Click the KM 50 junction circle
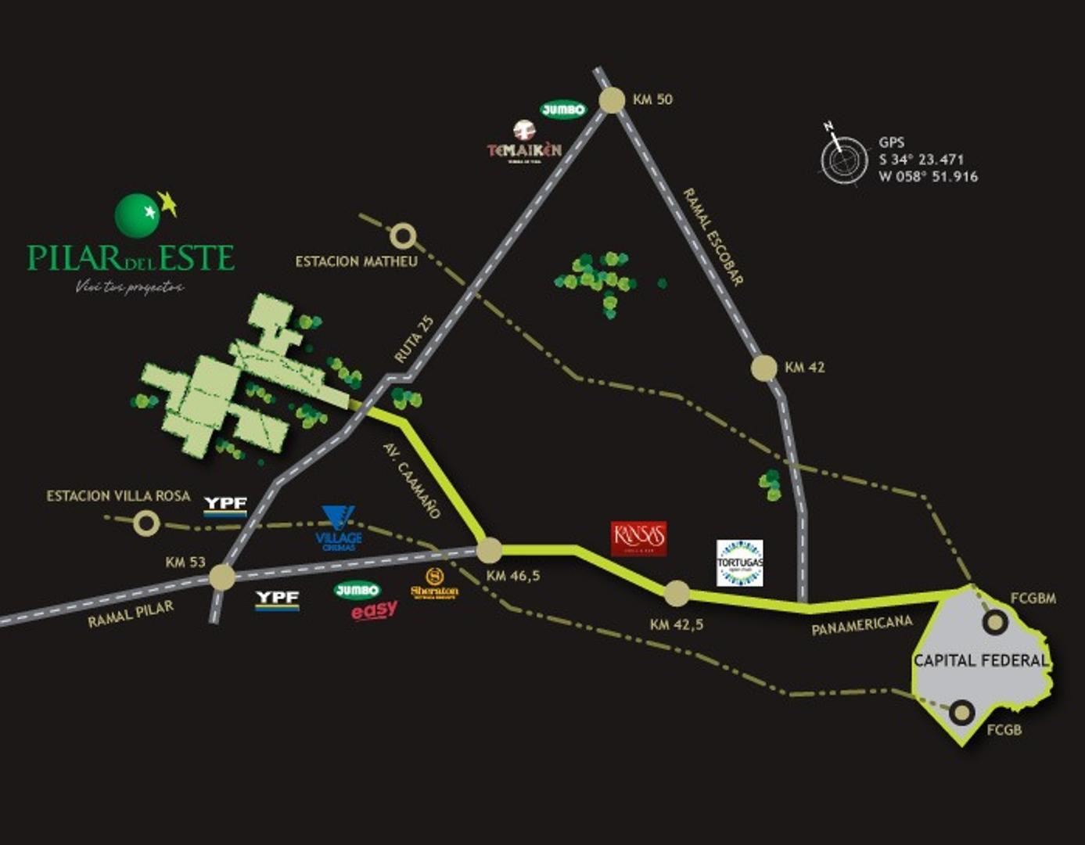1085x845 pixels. (x=612, y=100)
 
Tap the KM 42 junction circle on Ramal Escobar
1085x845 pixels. (x=763, y=368)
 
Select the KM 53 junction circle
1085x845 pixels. (x=222, y=577)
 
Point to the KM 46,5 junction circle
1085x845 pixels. (x=490, y=550)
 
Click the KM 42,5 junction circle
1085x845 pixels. (x=677, y=593)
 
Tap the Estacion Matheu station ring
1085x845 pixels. (x=403, y=236)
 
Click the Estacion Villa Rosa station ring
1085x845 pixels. (x=146, y=523)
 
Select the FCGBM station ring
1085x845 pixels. (x=995, y=623)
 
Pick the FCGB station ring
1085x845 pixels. (x=963, y=713)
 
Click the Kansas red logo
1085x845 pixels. (x=639, y=538)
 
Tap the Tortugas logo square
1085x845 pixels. (x=739, y=563)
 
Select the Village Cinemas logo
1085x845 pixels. (x=339, y=528)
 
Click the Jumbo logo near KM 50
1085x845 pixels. (x=562, y=110)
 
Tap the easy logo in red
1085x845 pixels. (x=374, y=610)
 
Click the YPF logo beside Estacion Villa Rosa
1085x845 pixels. (x=225, y=505)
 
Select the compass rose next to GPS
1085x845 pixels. (x=843, y=160)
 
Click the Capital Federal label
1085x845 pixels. (x=980, y=660)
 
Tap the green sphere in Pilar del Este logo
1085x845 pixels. (x=137, y=215)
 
